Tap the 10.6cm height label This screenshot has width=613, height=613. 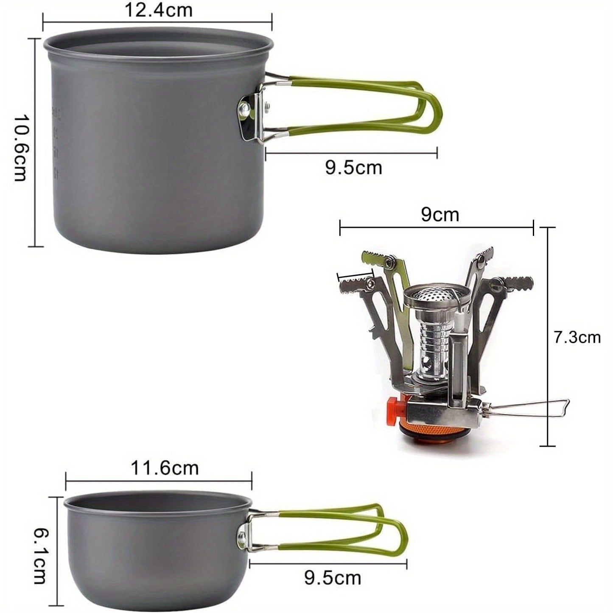coord(20,148)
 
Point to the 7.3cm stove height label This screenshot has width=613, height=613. coord(577,337)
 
